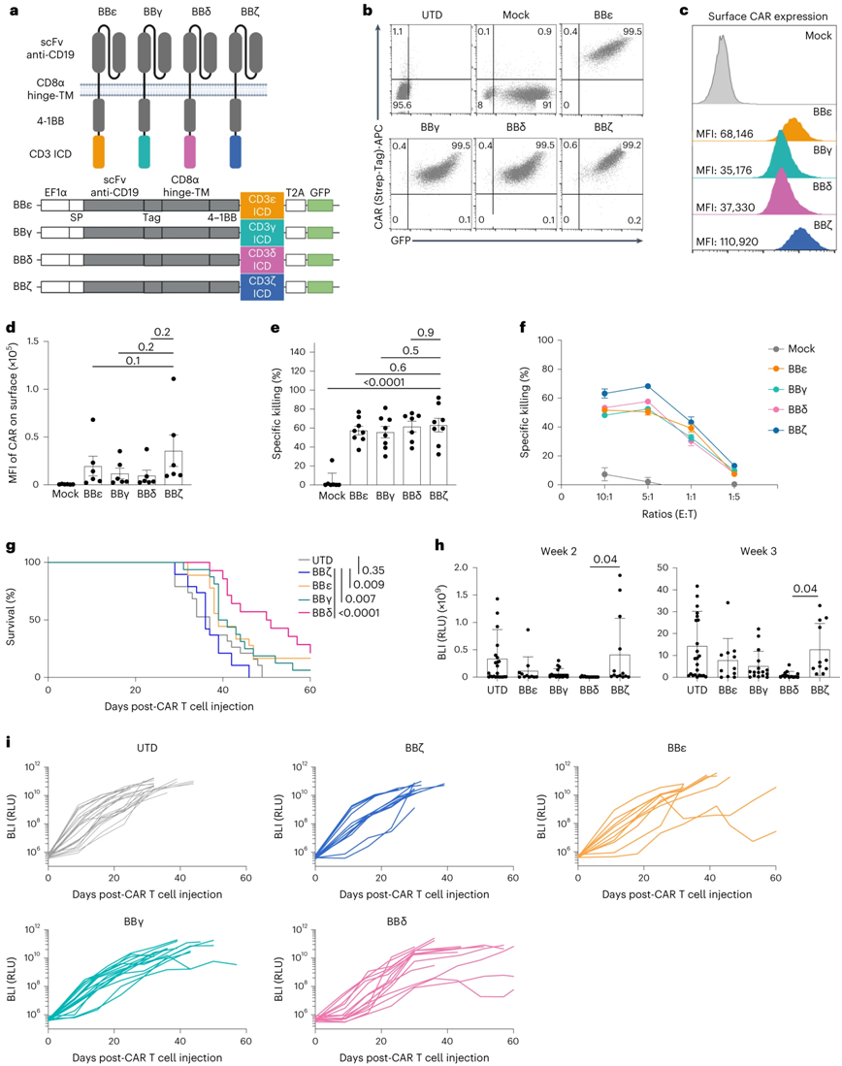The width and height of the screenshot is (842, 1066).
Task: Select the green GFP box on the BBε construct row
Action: [x=318, y=206]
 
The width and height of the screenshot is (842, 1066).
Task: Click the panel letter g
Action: [x=11, y=547]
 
